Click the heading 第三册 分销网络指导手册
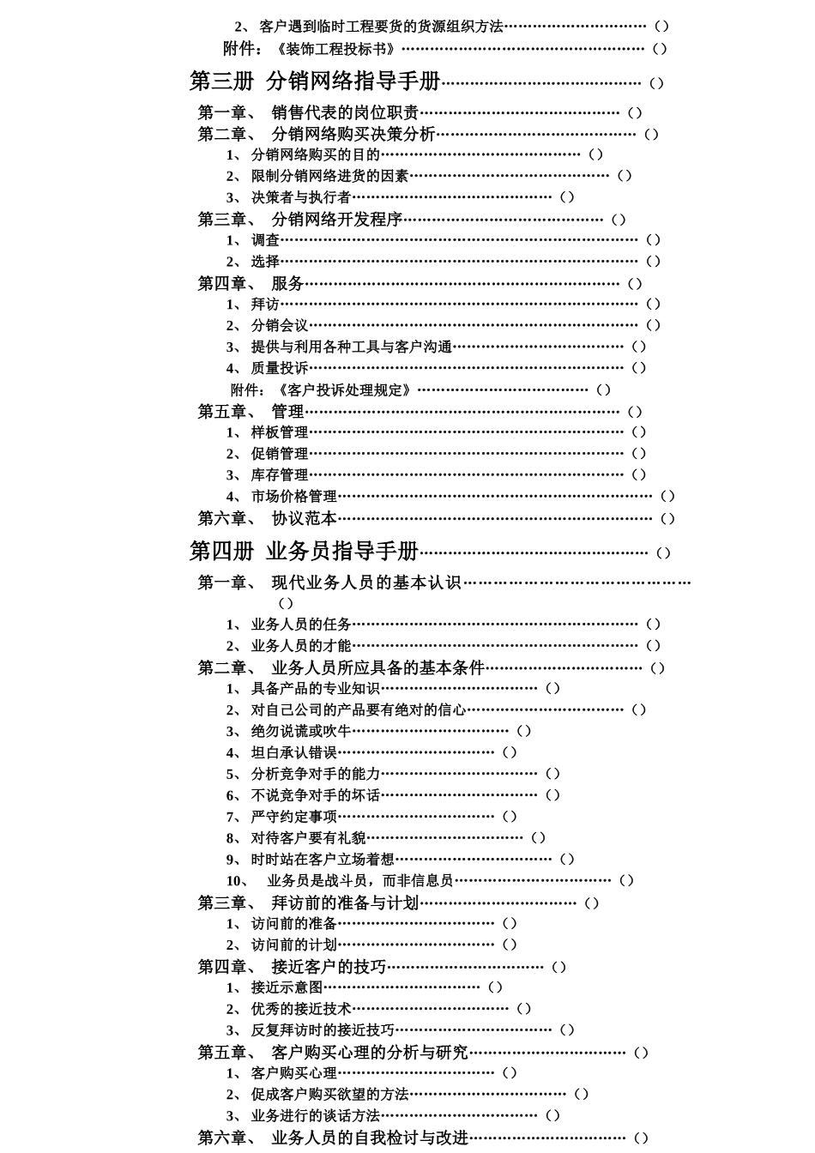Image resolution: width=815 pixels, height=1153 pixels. click(314, 81)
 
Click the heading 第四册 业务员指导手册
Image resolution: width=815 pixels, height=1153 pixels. click(304, 551)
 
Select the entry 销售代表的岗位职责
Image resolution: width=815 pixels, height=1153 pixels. click(345, 112)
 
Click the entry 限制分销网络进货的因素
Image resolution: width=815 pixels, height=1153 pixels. click(329, 176)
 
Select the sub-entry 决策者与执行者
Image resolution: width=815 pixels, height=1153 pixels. click(300, 197)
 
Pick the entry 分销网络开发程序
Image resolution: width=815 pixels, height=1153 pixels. click(336, 220)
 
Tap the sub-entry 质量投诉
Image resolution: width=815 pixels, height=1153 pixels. click(280, 368)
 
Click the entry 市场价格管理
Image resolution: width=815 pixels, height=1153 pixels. click(293, 496)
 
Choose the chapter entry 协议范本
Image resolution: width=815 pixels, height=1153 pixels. click(304, 518)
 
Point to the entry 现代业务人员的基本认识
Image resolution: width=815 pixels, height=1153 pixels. click(366, 583)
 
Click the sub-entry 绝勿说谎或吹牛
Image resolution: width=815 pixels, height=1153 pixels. click(300, 731)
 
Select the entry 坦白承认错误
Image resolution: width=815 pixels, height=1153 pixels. click(293, 752)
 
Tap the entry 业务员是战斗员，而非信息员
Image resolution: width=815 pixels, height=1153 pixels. click(359, 880)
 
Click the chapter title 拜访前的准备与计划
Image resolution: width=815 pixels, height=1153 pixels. click(345, 902)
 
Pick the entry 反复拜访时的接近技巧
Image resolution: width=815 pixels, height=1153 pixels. click(323, 1029)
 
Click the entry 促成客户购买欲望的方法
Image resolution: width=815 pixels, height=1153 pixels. click(329, 1094)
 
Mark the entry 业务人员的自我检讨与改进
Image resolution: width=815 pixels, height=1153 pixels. click(370, 1138)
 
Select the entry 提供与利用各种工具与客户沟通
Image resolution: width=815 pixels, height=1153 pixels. click(351, 347)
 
